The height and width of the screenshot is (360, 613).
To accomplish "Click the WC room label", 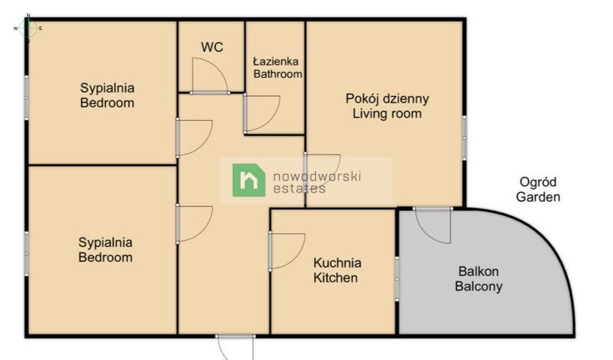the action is (212, 47).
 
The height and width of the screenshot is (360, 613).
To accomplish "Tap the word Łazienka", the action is (276, 61).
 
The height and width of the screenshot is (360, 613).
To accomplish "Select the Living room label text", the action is (387, 114).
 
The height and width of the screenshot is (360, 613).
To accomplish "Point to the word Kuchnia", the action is (337, 262).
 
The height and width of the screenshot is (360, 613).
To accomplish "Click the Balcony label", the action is (479, 286).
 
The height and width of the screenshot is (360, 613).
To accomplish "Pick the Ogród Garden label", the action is (538, 190).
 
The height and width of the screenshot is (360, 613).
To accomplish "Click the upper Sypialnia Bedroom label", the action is (107, 95).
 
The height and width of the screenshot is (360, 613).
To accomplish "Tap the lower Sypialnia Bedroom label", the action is (106, 250).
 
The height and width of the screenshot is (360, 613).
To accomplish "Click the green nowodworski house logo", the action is (249, 180).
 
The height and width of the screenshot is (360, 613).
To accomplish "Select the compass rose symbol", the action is (29, 28).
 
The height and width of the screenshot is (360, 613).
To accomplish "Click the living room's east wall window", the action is (464, 138).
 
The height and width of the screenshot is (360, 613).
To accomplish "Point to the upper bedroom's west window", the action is (27, 97).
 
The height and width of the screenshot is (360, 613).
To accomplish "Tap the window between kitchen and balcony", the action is (397, 279).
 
